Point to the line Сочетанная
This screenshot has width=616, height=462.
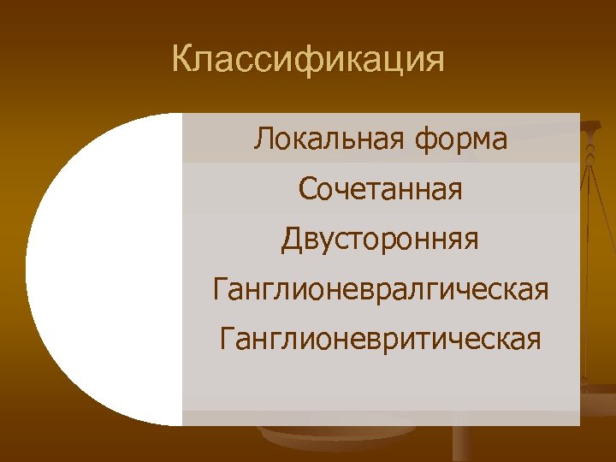click(x=381, y=189)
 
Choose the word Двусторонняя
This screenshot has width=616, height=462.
click(x=381, y=240)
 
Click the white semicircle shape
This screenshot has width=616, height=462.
click(x=103, y=269)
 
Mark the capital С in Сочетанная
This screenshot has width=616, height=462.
click(x=308, y=189)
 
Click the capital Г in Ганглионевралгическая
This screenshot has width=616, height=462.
click(x=220, y=289)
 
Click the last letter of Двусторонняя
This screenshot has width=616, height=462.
click(x=471, y=242)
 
